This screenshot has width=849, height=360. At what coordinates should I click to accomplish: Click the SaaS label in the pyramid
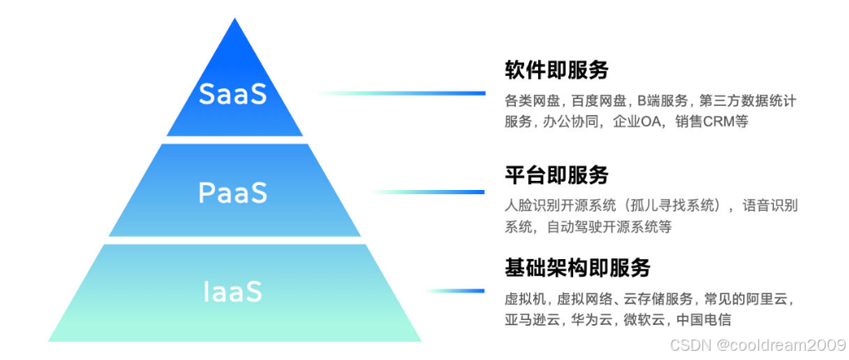click(x=233, y=93)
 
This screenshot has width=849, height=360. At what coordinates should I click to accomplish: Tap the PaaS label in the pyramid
click(x=233, y=192)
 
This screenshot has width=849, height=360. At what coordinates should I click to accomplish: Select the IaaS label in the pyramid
click(x=233, y=292)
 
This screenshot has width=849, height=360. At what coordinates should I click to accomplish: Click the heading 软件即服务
click(x=557, y=69)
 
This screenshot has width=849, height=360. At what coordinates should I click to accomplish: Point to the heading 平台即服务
click(x=557, y=175)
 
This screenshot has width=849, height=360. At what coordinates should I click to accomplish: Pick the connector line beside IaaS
click(x=457, y=292)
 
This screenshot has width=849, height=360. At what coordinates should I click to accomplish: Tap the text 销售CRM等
click(x=702, y=122)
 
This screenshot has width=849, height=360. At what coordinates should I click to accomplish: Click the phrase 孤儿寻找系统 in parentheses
click(x=676, y=205)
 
